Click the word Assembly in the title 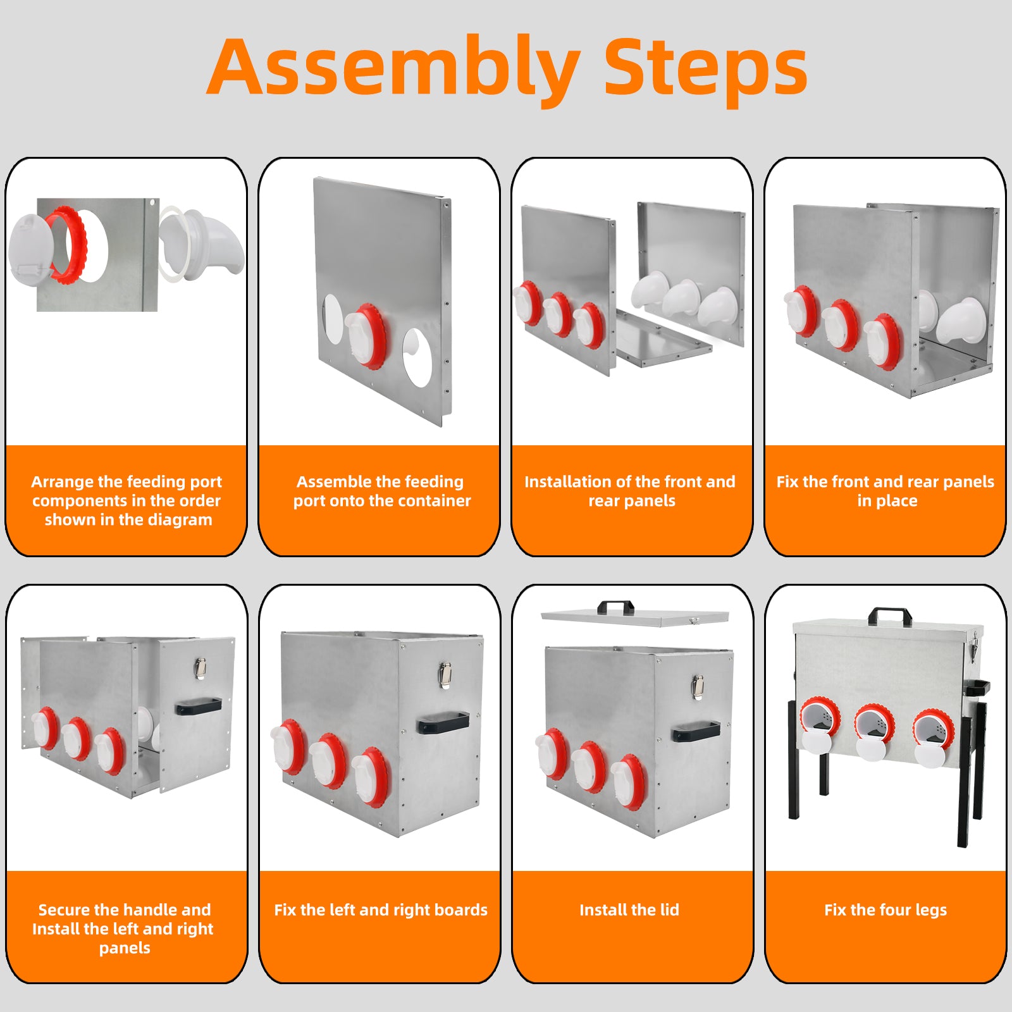[393, 68]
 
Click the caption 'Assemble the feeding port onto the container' [381, 491]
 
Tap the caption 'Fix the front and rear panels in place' [885, 491]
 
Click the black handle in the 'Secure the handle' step [199, 706]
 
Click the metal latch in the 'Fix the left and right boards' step [445, 674]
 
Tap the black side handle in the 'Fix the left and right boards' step [443, 722]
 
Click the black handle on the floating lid [615, 607]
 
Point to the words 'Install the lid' [629, 910]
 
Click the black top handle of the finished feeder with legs [890, 616]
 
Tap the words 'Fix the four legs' [885, 910]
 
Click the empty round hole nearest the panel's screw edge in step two [417, 357]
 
